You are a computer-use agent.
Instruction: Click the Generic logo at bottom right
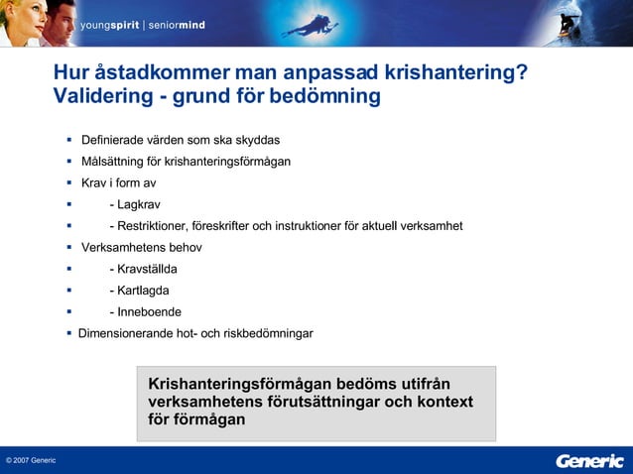click(590, 460)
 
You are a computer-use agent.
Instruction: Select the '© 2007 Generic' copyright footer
click(31, 461)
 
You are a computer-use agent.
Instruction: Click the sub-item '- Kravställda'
click(143, 269)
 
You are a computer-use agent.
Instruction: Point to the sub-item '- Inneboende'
click(145, 311)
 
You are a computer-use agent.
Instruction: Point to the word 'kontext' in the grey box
click(442, 402)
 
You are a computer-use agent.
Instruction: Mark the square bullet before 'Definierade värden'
click(70, 140)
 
